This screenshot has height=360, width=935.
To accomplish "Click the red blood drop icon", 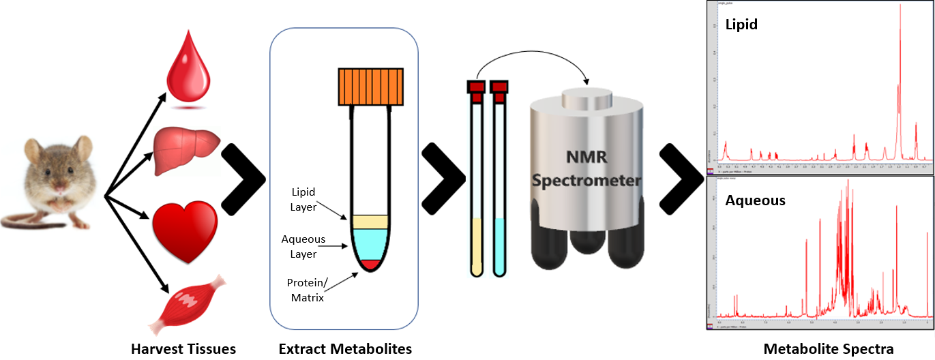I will click(186, 74).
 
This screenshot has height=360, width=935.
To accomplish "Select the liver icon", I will click(186, 144).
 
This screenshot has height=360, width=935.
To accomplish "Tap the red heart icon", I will click(185, 224).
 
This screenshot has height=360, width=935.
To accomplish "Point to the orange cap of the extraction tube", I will click(369, 87).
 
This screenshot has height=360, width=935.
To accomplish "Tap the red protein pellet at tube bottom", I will click(370, 264).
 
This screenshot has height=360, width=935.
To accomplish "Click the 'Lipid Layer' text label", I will click(303, 199).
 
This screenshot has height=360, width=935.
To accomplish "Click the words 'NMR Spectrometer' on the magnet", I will click(587, 170).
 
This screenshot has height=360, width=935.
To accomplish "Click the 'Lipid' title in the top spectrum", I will click(741, 25).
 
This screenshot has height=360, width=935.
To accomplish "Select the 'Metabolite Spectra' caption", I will click(828, 349).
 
